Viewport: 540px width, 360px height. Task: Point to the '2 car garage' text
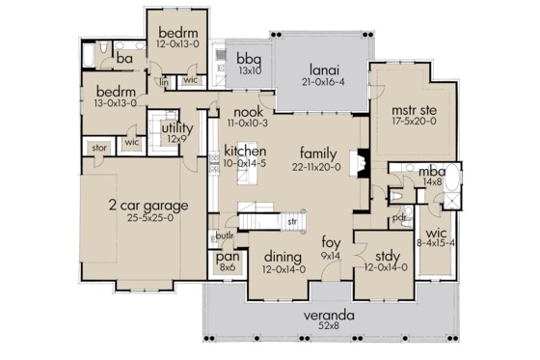click(148, 206)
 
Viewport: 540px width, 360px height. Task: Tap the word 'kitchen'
click(244, 152)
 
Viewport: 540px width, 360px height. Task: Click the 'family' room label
click(318, 152)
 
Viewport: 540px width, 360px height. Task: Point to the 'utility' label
click(177, 127)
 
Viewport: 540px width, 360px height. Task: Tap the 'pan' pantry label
click(228, 256)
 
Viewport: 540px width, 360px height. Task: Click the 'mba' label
click(430, 170)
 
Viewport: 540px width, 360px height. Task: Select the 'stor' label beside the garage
click(98, 148)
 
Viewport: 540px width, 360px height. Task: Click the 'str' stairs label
click(290, 223)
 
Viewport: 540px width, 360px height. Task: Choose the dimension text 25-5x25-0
click(148, 218)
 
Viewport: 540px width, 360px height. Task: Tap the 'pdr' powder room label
click(399, 217)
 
